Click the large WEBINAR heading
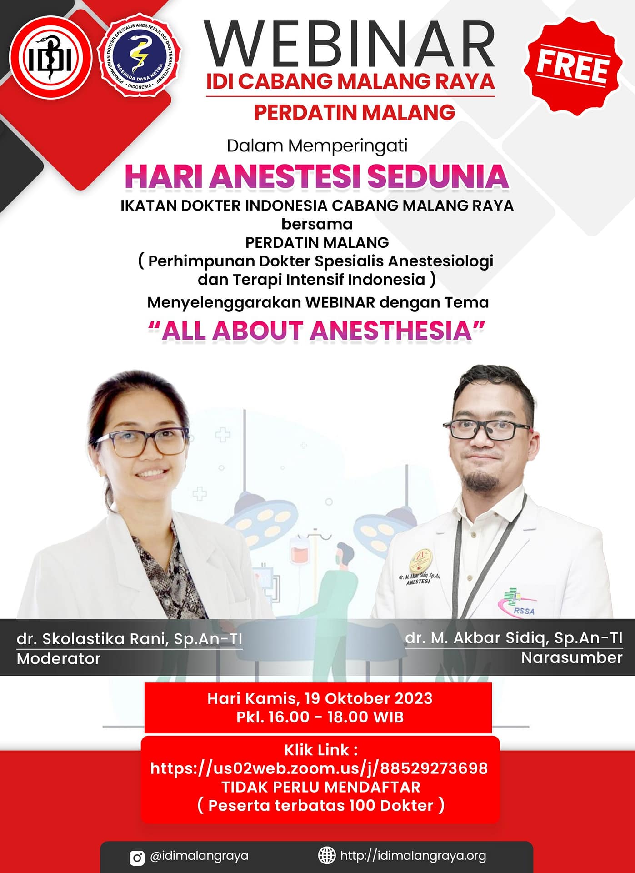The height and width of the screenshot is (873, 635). pos(350,45)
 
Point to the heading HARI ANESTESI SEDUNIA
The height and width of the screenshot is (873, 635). pos(317,177)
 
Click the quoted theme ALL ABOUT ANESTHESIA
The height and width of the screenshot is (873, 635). pos(317,330)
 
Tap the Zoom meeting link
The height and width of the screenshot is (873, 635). pos(319,768)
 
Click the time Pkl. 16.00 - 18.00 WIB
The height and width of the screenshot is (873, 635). pos(320,717)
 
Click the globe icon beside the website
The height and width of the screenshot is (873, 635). pos(326,856)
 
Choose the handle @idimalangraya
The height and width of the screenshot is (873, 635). pos(199,856)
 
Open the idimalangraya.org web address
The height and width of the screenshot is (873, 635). pos(413,856)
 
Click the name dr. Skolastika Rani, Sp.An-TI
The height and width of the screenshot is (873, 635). pos(130,639)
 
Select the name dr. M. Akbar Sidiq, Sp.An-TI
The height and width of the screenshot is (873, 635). pos(514,638)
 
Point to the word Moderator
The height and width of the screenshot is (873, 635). pos(59,658)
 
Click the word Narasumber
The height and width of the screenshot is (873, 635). pos(572,657)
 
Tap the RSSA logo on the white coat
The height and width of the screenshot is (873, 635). pos(519,603)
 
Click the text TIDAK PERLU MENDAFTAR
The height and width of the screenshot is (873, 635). pos(321,787)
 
